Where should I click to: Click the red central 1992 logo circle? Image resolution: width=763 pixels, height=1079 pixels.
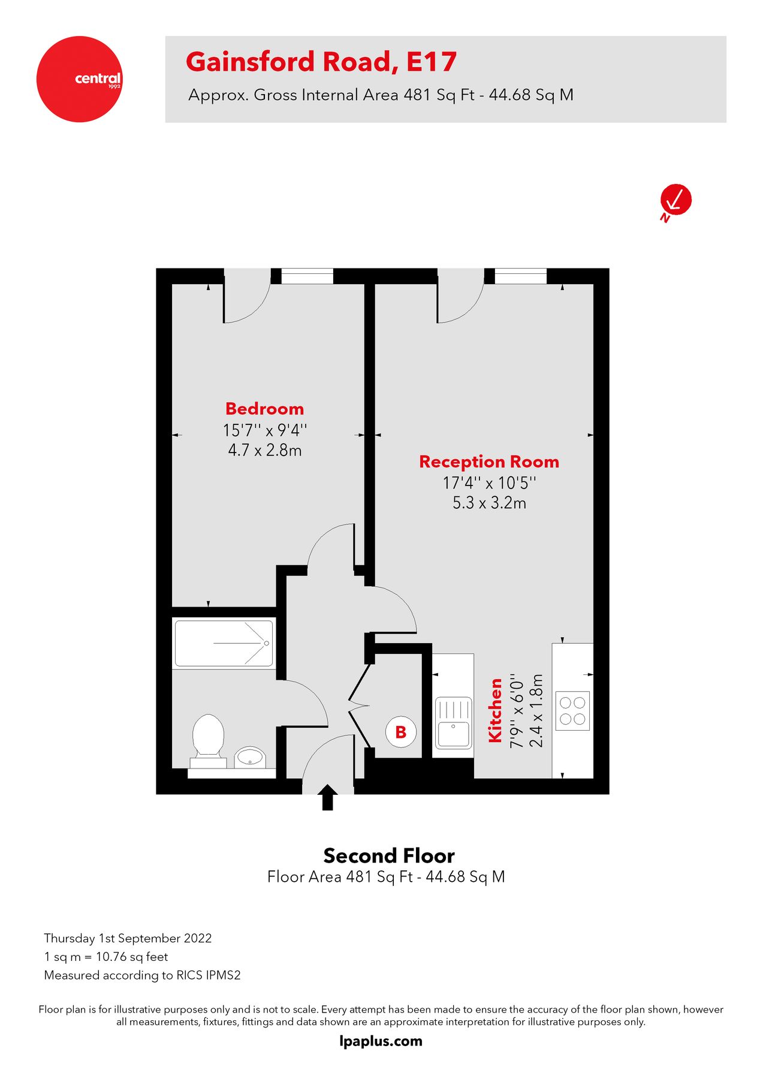pos(79,79)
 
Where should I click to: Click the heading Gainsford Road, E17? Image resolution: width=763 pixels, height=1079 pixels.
pos(321,62)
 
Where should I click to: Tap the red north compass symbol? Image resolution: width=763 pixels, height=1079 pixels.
pos(675,200)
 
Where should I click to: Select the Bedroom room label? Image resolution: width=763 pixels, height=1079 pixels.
pos(264,409)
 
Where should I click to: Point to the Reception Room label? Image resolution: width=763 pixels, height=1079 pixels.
pos(489,462)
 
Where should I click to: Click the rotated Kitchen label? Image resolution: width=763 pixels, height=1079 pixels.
pos(495,710)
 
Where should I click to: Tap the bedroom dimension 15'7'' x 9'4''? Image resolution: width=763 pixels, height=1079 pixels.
pos(264,430)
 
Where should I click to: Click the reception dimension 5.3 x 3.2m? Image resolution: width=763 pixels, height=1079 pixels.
pos(489,503)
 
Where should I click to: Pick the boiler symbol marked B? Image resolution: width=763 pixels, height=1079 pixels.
pos(400,731)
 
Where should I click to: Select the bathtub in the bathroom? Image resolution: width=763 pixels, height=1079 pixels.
pos(224,644)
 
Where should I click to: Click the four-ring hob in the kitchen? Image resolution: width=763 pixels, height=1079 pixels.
pos(572,710)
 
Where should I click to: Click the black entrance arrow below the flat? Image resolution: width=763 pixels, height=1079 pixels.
pos(327,798)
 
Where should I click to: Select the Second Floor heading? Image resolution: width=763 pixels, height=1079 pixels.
pos(388,855)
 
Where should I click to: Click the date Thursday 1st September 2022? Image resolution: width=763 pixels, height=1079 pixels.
pos(128,938)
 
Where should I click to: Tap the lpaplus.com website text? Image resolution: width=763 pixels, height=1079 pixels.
pos(381,1041)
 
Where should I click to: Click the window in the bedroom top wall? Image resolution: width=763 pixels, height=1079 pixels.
pos(307,276)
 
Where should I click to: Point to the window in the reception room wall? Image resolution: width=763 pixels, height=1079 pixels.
pos(520,276)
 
